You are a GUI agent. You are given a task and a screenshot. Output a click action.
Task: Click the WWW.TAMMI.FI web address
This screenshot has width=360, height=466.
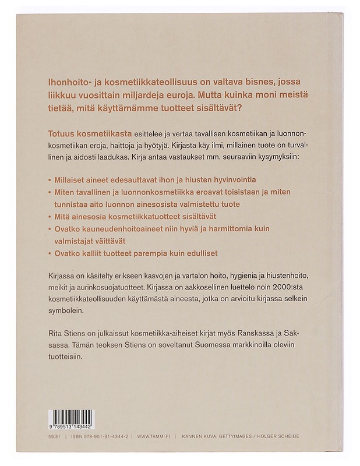[x=157, y=436]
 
